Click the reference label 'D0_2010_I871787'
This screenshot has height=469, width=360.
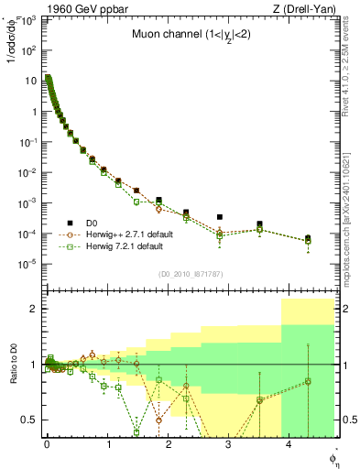190,274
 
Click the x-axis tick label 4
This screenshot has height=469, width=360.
289,445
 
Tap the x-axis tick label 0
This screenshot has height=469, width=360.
47,445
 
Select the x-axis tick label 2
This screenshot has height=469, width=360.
168,445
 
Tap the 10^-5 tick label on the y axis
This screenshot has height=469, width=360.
29,264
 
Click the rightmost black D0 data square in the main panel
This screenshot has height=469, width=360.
308,238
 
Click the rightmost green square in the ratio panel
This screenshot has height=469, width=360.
308,381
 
